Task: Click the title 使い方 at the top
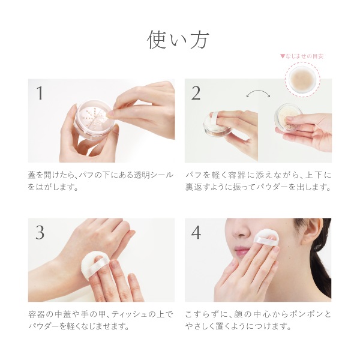178,40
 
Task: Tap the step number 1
40,93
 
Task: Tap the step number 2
196,93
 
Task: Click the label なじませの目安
302,56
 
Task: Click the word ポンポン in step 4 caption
309,314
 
